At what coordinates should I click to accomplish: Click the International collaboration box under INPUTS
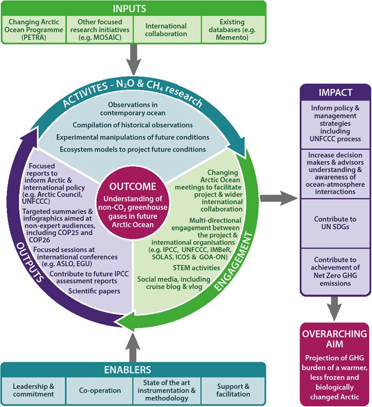click(166, 29)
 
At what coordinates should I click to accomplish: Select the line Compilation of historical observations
click(133, 125)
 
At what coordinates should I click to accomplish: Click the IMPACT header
click(335, 93)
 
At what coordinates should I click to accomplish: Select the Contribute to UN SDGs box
click(335, 223)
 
